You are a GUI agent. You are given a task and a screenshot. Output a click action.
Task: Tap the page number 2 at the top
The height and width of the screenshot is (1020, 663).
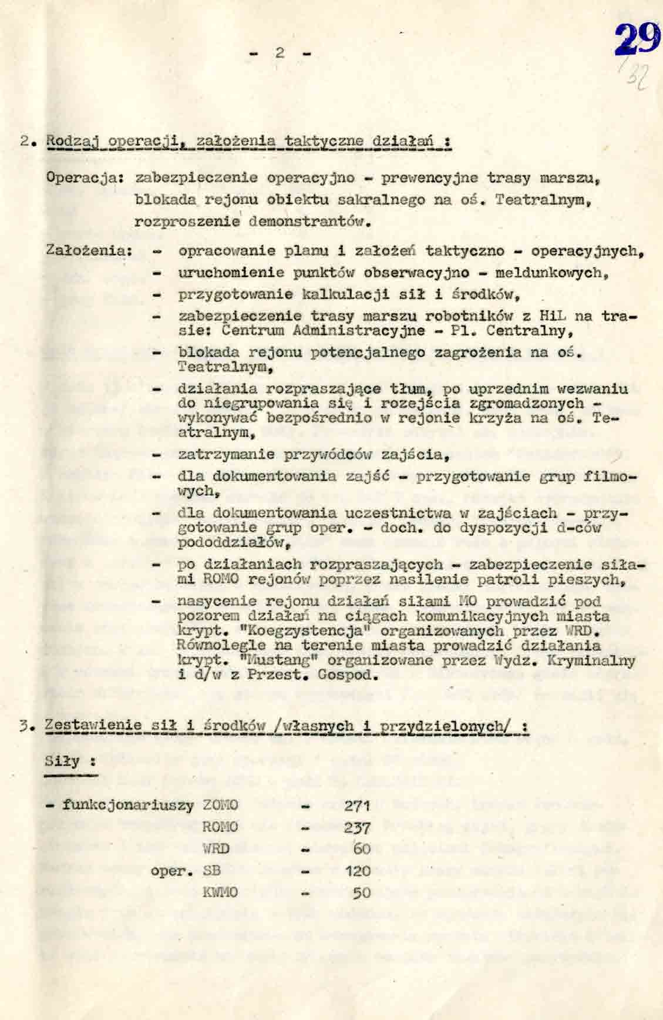tap(280, 52)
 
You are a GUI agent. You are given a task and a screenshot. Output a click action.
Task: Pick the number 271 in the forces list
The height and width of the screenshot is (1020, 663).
tap(356, 806)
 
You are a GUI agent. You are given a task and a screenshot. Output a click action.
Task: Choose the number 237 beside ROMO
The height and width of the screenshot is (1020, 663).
tap(357, 828)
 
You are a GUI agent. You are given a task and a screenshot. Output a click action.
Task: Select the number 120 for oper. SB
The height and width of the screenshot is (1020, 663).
tap(358, 871)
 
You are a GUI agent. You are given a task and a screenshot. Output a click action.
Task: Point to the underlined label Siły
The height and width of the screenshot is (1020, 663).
tap(62, 761)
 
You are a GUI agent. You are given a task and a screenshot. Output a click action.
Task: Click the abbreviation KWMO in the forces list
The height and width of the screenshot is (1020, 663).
tap(220, 893)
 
